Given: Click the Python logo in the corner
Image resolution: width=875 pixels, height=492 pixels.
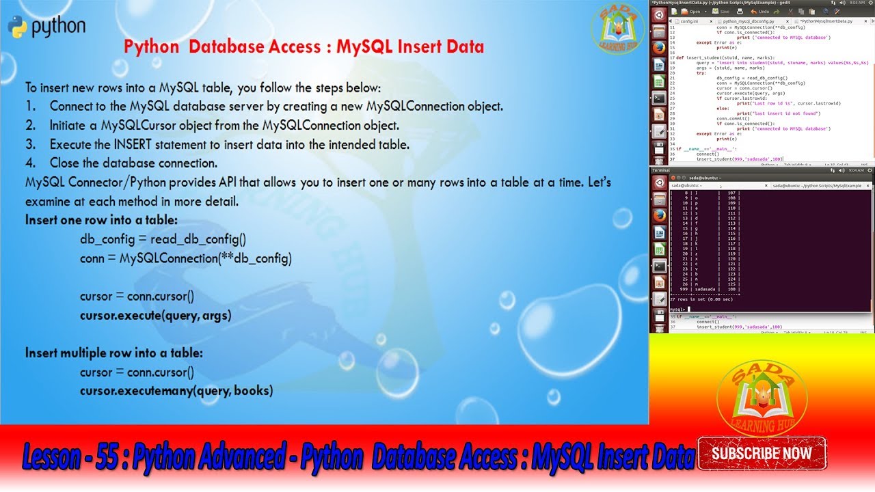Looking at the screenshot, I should [18, 27].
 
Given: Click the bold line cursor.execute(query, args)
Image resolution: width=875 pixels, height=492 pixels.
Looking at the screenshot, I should [155, 316].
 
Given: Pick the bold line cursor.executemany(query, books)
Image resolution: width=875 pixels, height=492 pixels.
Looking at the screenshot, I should [176, 391].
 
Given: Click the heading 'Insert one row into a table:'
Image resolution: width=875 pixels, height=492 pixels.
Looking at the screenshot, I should [101, 220].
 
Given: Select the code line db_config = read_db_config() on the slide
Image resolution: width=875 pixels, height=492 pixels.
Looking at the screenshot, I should [163, 239].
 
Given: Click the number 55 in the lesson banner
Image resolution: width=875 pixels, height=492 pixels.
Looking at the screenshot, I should [108, 456].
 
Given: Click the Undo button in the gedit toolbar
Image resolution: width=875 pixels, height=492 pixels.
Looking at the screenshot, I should [760, 12].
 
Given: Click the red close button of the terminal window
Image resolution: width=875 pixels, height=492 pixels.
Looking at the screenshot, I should [659, 181].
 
